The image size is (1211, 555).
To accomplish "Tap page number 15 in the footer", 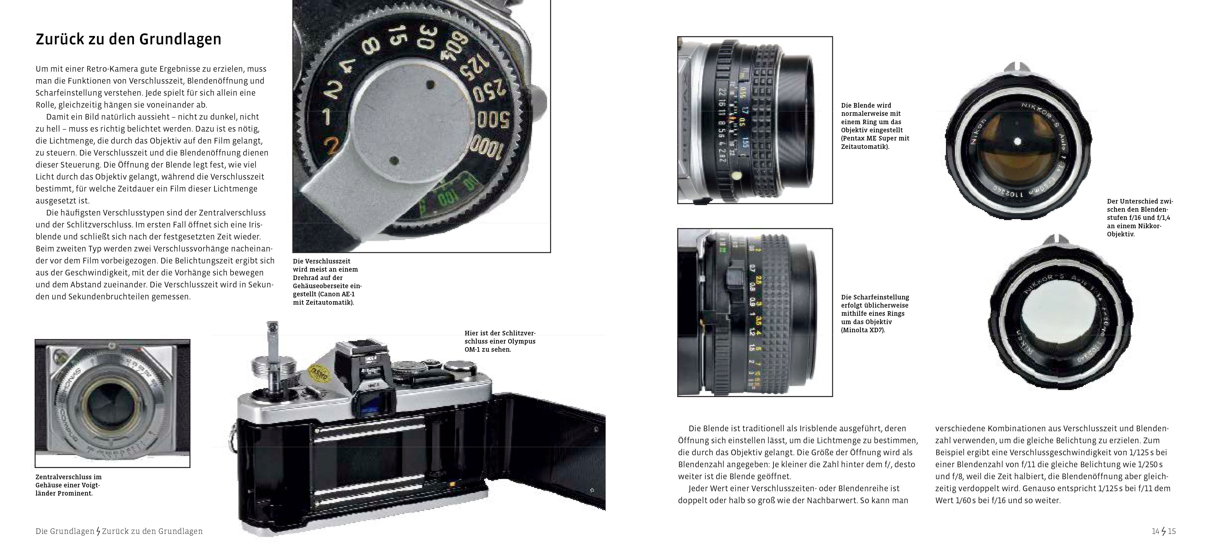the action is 1171,532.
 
